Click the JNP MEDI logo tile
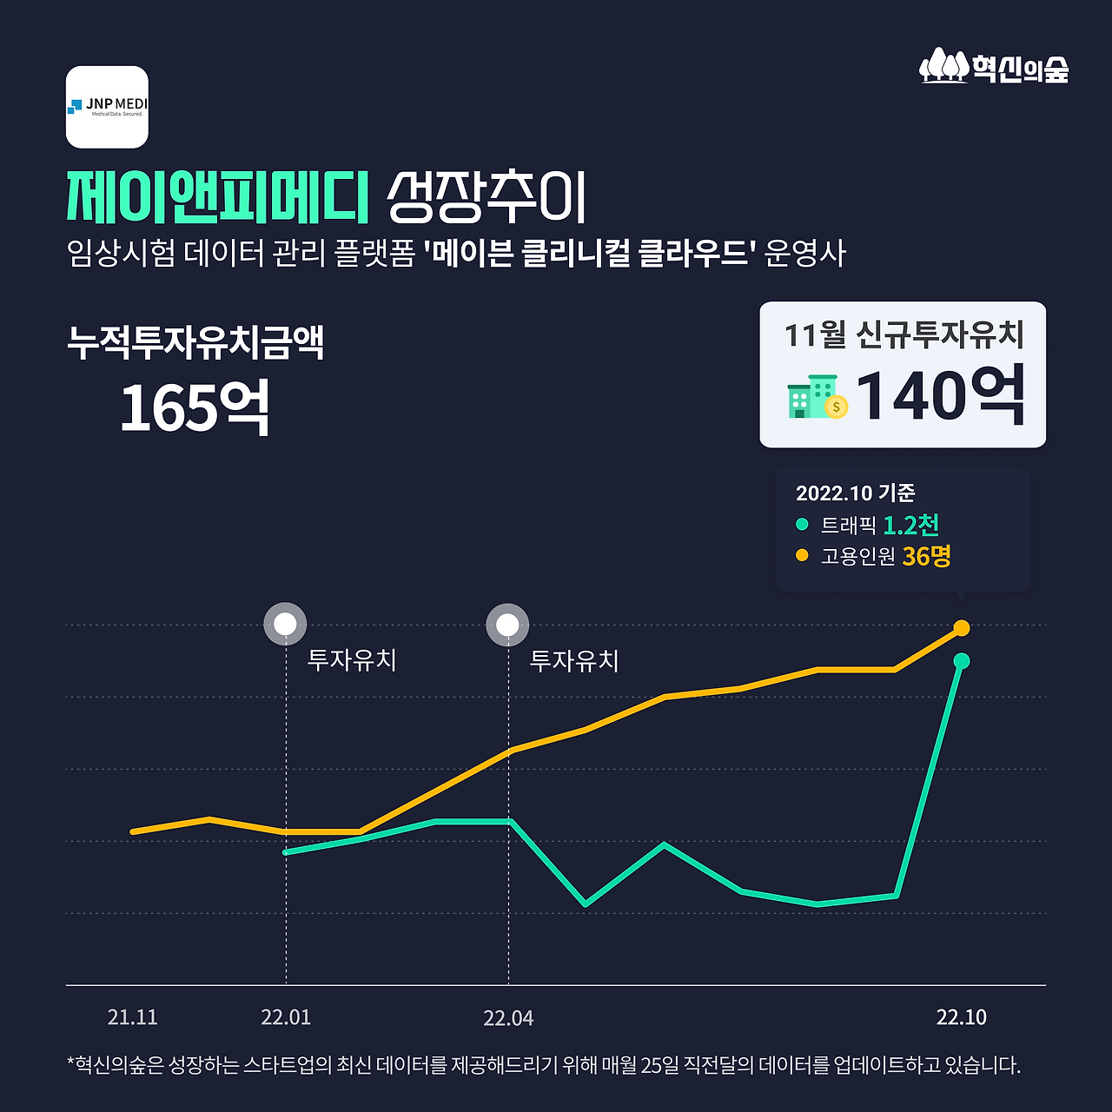tap(107, 107)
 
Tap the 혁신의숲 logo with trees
tap(994, 67)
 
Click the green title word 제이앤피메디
tap(218, 196)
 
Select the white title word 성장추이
tap(486, 197)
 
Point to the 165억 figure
tap(195, 407)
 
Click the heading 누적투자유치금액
tap(195, 342)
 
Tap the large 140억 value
tap(941, 396)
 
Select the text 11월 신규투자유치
tap(903, 334)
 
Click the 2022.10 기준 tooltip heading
tap(855, 493)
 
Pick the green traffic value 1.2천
tap(910, 525)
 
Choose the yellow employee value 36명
tap(926, 556)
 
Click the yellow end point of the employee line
tap(962, 627)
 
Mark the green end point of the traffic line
tap(962, 661)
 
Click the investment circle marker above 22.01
tap(286, 624)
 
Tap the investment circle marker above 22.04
tap(508, 625)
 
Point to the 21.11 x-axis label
tap(133, 1017)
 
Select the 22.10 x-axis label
tap(961, 1017)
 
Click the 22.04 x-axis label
tap(508, 1018)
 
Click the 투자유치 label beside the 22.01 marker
tap(352, 660)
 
